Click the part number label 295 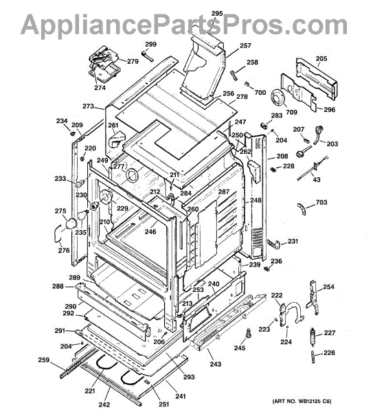tap(217, 14)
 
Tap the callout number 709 tap(291, 112)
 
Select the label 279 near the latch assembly tap(133, 61)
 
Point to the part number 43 tap(317, 180)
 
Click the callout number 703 tap(321, 203)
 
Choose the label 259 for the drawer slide tap(44, 360)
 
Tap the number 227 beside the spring tap(330, 333)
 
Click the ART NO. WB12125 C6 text tap(302, 401)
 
